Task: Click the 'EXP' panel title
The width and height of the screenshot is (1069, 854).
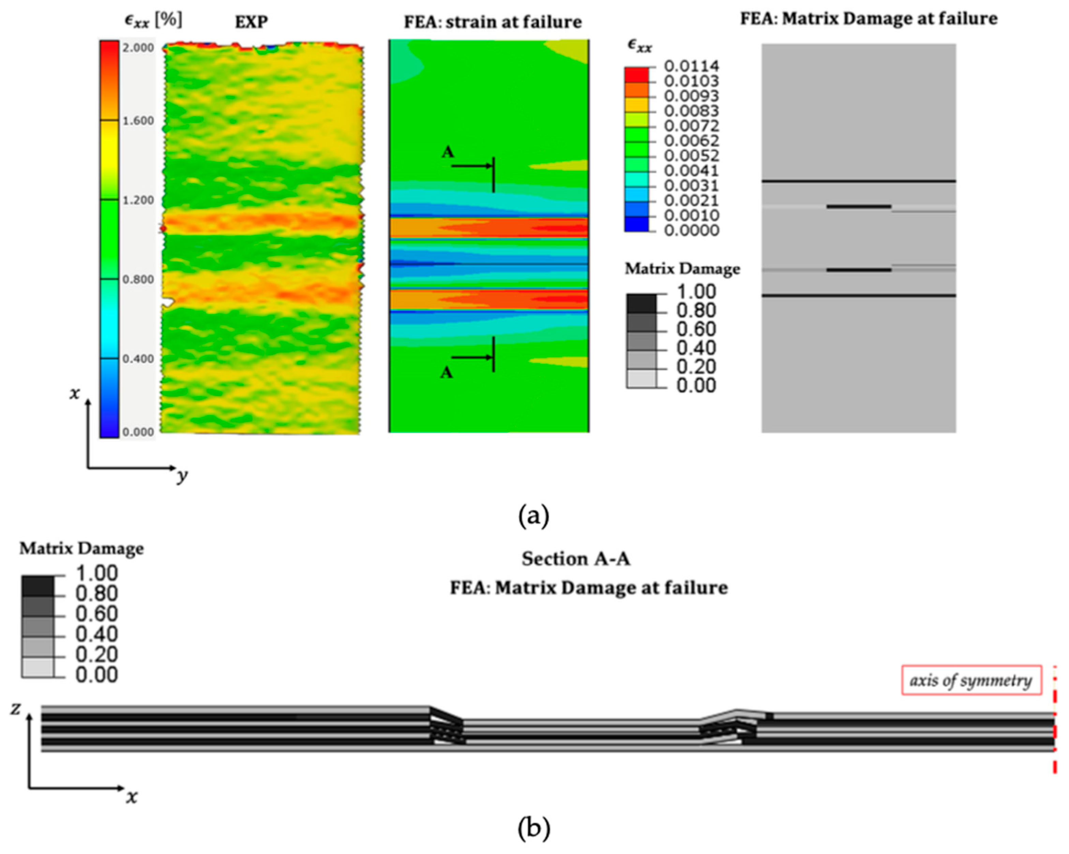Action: pos(251,22)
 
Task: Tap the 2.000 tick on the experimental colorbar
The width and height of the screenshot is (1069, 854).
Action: pos(138,48)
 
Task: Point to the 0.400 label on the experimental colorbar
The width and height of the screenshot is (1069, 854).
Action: pos(138,359)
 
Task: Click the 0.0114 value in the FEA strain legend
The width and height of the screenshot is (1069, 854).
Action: pos(691,65)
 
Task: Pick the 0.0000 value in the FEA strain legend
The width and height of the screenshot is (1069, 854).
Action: pos(691,230)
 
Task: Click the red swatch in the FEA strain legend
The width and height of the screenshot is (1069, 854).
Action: pos(636,75)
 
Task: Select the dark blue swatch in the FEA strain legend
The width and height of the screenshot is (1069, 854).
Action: pos(636,224)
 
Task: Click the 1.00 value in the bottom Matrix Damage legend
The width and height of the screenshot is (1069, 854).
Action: pos(96,574)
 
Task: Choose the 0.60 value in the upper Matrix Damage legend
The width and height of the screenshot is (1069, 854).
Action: pos(696,329)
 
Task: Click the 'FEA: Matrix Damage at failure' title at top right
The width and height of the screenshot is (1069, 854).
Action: pos(869,18)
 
